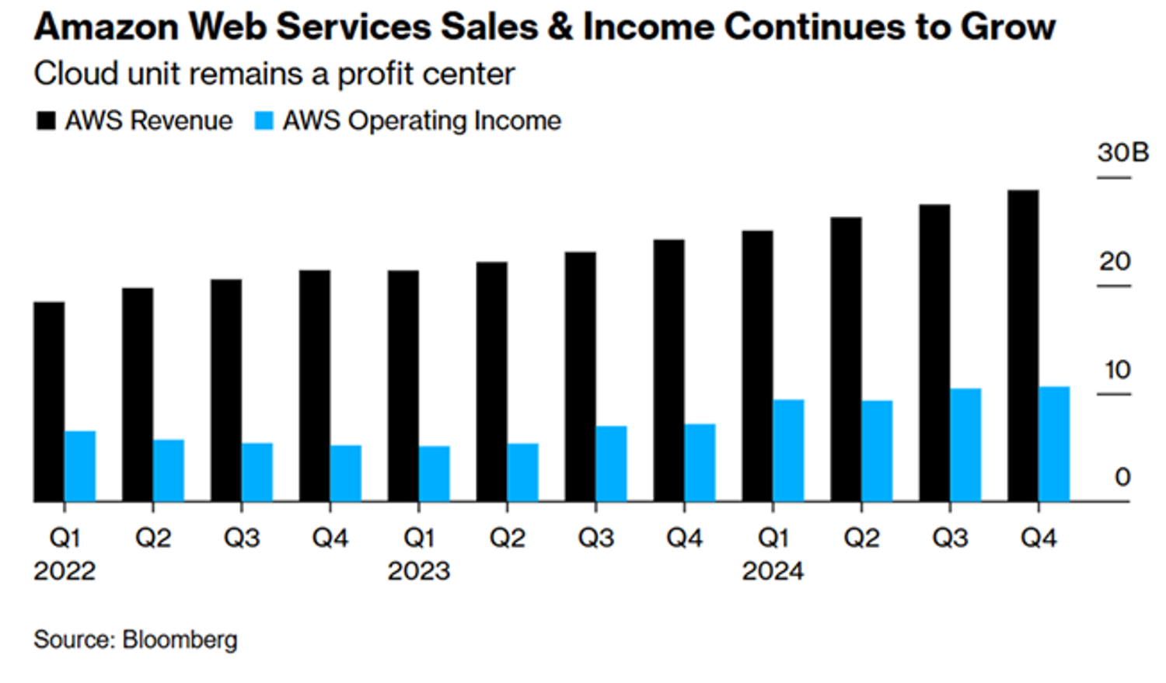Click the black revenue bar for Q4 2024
(x=1022, y=346)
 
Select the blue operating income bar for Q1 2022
(x=80, y=466)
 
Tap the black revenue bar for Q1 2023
(x=403, y=386)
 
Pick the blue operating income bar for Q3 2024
(x=965, y=444)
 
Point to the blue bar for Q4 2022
(x=346, y=473)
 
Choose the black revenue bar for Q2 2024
(x=846, y=359)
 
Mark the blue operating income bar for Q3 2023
(x=612, y=463)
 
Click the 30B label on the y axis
(x=1122, y=152)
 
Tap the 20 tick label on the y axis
(x=1115, y=262)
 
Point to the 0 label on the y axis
(x=1122, y=477)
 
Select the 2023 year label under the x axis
(x=419, y=571)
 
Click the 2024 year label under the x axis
(x=773, y=571)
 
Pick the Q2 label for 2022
(x=153, y=538)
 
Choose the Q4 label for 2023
(x=684, y=538)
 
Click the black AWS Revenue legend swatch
(x=46, y=121)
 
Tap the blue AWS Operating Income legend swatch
(x=264, y=121)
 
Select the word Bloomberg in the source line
(x=180, y=639)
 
